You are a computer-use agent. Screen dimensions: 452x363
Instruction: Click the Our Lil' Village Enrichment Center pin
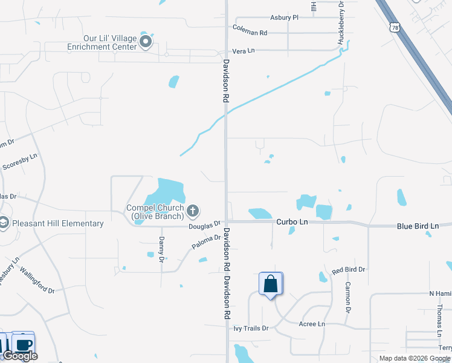click(x=145, y=42)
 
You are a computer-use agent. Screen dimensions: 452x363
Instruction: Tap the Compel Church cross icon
click(x=193, y=211)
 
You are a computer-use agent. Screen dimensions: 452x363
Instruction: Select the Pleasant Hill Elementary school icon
click(x=4, y=223)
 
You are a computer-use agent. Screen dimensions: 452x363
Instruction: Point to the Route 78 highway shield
click(x=395, y=28)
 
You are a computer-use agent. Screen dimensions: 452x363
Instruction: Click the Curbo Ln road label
click(x=292, y=223)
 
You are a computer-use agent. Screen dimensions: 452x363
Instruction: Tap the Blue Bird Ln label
click(x=418, y=226)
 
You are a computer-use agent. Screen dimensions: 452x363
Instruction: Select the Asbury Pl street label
click(x=285, y=18)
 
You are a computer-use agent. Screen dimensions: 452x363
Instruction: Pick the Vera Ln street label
click(x=243, y=51)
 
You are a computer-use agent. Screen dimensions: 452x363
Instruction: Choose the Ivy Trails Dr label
click(x=251, y=328)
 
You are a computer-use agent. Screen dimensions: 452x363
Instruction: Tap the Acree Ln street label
click(x=312, y=324)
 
